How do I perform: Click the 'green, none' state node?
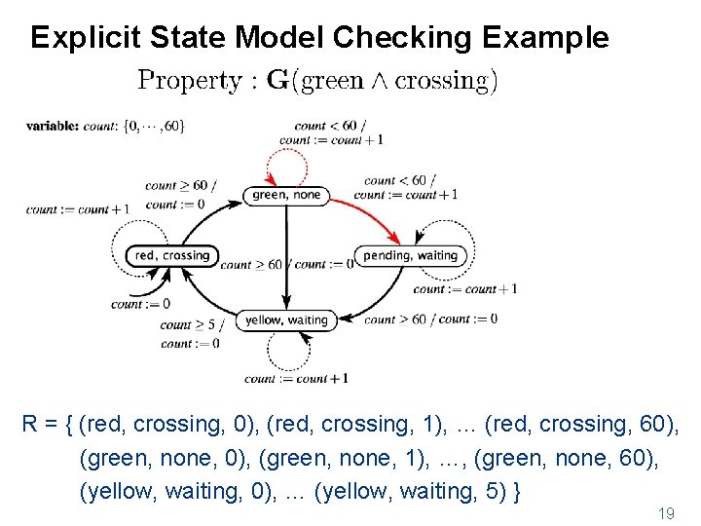click(x=286, y=195)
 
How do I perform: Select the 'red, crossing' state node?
click(x=172, y=255)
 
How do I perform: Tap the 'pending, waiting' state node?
click(x=410, y=255)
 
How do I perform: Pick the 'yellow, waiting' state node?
click(x=286, y=319)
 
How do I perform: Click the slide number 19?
click(x=666, y=512)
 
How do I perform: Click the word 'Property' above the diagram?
click(x=189, y=81)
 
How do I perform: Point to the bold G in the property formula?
click(x=277, y=81)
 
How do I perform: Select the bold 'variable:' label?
click(x=53, y=126)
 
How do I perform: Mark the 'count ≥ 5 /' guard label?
click(x=192, y=325)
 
